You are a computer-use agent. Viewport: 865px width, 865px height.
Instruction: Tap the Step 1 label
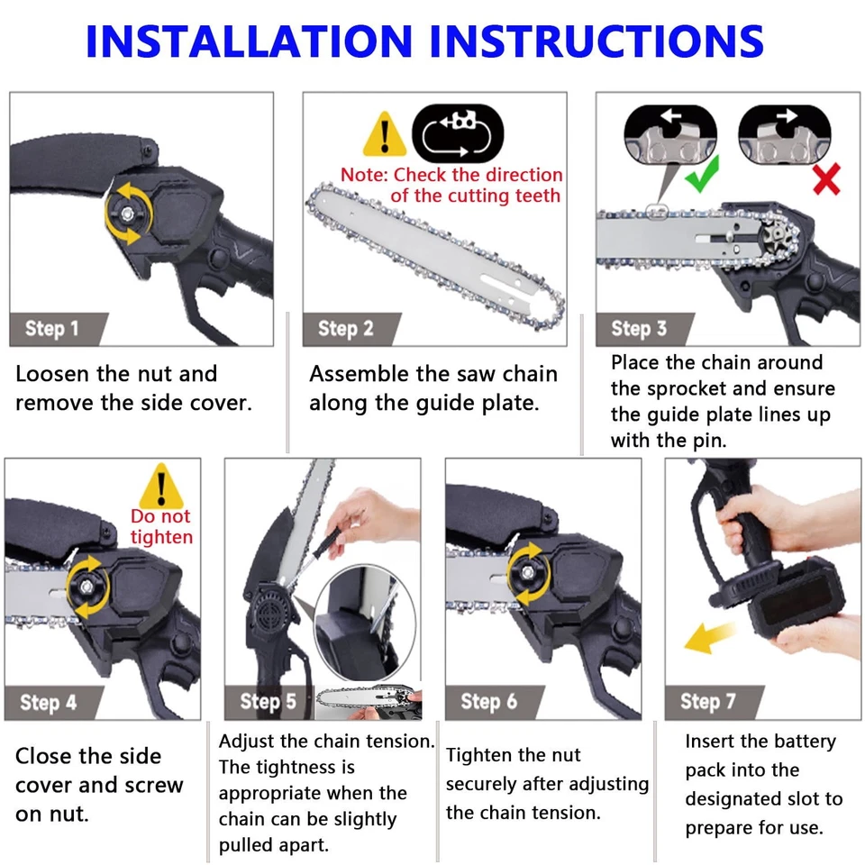[50, 329]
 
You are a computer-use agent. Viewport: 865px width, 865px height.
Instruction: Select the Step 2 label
[345, 329]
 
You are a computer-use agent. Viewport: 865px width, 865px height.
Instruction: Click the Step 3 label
[639, 329]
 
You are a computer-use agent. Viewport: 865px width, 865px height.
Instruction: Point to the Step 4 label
[49, 702]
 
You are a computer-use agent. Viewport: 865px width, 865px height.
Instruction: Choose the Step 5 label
[268, 702]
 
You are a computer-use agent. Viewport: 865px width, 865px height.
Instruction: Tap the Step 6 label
[488, 702]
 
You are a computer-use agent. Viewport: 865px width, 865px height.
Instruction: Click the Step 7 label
[708, 702]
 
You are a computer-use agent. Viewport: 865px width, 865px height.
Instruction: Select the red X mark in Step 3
[825, 178]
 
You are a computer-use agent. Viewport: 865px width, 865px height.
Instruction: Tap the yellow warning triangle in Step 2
[385, 136]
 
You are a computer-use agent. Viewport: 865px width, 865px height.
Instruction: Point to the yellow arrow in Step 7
[708, 637]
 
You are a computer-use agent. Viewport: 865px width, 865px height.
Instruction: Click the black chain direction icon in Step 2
[457, 132]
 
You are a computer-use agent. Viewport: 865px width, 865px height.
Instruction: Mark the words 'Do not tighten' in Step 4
[161, 527]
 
